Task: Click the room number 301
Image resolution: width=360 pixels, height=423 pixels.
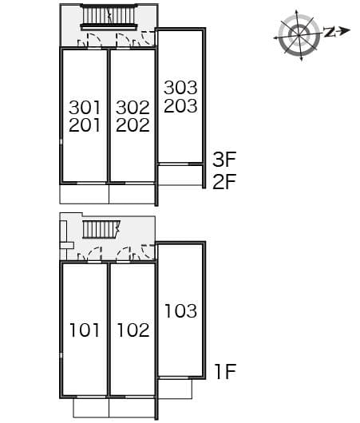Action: [85, 107]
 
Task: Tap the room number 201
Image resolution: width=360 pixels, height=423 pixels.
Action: [85, 125]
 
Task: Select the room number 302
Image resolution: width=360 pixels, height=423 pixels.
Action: [133, 107]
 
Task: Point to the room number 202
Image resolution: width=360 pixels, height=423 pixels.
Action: [133, 125]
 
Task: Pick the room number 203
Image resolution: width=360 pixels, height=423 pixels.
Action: [180, 105]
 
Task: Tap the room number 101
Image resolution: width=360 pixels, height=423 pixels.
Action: [85, 330]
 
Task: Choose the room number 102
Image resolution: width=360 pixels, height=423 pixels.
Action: [133, 330]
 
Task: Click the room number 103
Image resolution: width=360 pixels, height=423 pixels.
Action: [180, 310]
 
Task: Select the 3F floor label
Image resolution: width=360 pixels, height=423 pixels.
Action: [224, 159]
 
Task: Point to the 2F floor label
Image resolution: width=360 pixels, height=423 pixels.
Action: [224, 181]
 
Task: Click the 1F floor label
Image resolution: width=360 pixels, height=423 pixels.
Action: [224, 371]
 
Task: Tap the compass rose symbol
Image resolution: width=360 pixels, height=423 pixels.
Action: [299, 34]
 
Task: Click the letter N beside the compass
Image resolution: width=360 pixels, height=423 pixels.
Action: [330, 32]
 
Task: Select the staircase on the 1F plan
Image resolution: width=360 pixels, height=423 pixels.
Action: [100, 230]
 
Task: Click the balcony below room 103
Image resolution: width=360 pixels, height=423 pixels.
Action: [176, 386]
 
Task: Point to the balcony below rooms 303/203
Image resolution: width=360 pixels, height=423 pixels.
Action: [181, 175]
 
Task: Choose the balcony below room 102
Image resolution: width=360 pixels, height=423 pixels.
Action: [132, 407]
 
